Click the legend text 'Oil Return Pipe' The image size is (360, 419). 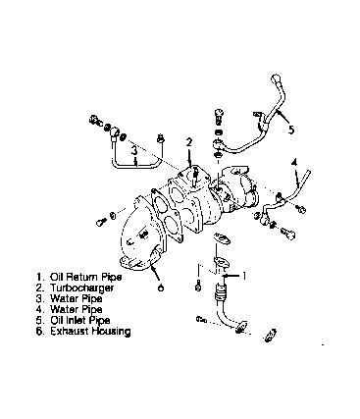coord(85,277)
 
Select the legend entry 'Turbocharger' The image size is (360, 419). coord(81,288)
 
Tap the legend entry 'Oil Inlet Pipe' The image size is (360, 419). coord(80,320)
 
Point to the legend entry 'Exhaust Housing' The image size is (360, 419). coord(90,331)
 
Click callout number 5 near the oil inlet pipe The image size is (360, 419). coord(291,130)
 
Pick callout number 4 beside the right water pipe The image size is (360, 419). coord(294,162)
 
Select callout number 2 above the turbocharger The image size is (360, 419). coord(189,142)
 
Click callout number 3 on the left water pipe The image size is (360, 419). coord(134,151)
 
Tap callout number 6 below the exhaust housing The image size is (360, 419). coord(160,288)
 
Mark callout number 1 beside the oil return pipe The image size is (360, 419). coord(243,276)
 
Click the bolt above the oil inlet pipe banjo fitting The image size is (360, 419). coord(220,117)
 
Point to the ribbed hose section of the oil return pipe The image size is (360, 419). coord(220,292)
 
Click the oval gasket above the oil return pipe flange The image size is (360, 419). coord(222,238)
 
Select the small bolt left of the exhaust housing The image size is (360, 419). coord(101,222)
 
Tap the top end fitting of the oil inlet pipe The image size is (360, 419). coord(276,79)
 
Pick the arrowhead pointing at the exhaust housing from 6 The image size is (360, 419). coord(153,269)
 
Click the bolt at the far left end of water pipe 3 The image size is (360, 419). coord(95,120)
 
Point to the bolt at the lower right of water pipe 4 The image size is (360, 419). coord(287,233)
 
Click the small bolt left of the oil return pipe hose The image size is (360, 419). coord(197,286)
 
